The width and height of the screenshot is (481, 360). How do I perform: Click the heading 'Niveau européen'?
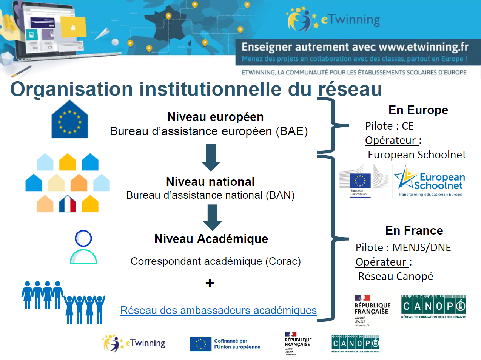215,117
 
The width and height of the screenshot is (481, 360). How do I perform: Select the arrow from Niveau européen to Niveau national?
211,158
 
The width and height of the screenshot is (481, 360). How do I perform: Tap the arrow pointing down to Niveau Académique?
212,217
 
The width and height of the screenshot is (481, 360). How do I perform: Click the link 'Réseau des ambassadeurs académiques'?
218,311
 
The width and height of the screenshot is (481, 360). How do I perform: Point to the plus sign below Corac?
210,283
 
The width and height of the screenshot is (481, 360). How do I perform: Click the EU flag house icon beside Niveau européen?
69,120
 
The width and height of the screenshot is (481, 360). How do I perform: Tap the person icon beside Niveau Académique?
83,247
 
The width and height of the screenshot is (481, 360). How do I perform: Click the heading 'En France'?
414,230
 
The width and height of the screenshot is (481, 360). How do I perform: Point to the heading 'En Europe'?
418,110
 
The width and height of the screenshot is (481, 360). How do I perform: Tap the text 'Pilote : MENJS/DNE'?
403,247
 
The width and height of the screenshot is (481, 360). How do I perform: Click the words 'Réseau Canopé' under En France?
395,277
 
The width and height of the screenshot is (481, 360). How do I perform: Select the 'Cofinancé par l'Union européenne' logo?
225,344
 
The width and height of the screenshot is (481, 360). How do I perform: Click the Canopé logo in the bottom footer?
355,344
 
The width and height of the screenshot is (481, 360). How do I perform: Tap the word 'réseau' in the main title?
350,90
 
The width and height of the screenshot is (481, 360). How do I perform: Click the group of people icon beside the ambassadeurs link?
63,303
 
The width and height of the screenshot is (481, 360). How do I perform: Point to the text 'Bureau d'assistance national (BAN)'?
210,195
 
